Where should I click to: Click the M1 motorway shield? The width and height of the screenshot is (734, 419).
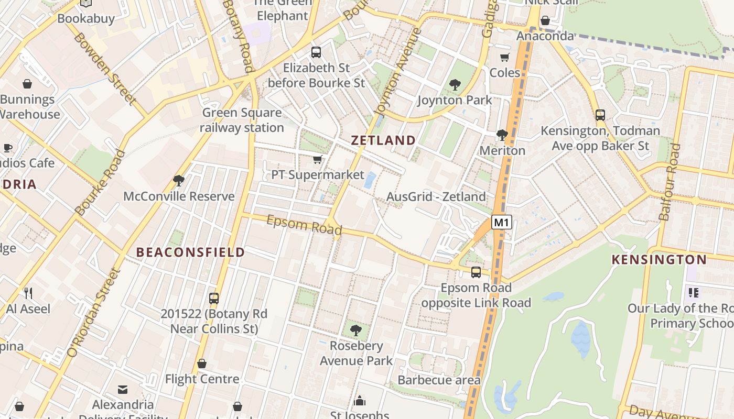[x=501, y=222]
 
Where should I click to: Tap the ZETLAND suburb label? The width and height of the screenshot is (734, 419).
[x=383, y=140]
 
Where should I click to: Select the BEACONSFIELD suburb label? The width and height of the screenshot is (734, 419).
[x=191, y=252]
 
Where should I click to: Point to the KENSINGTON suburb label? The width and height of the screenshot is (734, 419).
[x=660, y=259]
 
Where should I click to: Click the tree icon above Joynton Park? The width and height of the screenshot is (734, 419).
[x=455, y=84]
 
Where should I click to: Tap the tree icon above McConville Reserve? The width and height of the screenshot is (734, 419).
[x=179, y=181]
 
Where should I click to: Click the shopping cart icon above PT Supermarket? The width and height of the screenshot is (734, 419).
[x=317, y=159]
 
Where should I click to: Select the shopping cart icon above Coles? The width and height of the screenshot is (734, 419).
[x=504, y=57]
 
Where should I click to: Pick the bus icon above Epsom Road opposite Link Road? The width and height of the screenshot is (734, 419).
[x=476, y=272]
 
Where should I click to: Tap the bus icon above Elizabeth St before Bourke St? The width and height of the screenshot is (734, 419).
[x=316, y=52]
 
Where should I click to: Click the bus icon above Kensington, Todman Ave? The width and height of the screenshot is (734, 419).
[x=600, y=115]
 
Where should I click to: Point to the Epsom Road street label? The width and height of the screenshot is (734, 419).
[x=304, y=225]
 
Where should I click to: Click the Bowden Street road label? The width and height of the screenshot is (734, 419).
[x=105, y=68]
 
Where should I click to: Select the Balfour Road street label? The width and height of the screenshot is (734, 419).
[x=669, y=182]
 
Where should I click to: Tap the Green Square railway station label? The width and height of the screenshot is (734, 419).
[x=242, y=120]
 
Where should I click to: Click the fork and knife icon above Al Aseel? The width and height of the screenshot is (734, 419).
[x=28, y=293]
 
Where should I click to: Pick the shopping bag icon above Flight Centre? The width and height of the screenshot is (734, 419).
[x=202, y=363]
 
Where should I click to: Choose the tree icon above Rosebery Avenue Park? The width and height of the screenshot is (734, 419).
[x=356, y=330]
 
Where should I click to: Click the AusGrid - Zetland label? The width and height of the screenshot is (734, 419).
[x=436, y=196]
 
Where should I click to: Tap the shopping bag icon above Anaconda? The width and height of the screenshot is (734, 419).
[x=545, y=20]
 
